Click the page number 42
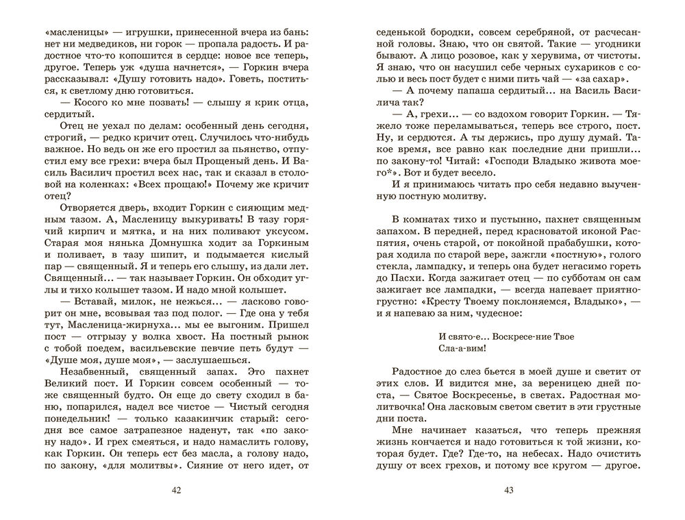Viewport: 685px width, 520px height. pos(179,490)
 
